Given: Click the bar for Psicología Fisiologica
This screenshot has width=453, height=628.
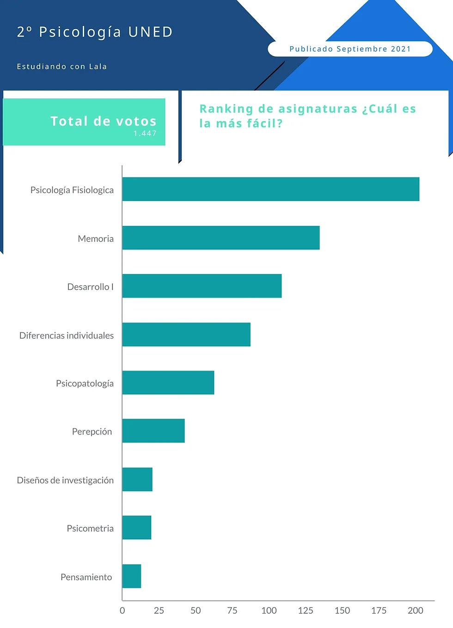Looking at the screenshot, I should pos(270,189).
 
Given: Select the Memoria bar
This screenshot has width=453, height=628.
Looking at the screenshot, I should pos(221,238).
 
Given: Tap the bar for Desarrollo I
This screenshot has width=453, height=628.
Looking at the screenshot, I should pos(202,286).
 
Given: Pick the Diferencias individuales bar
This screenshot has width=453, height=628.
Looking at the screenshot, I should pos(186,334).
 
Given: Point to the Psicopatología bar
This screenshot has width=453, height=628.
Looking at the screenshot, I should pos(168,382).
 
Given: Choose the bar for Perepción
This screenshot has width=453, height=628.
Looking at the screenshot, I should pos(153,431).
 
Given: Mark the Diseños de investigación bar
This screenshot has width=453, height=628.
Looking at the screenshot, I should pos(137,479).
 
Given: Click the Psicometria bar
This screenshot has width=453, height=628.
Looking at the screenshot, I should pos(137,527).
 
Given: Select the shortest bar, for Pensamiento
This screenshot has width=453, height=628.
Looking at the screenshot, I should pos(132,576).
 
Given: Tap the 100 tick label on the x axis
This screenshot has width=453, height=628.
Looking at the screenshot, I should pos(269,610).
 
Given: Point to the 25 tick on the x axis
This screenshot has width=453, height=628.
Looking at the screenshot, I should pos(159,610).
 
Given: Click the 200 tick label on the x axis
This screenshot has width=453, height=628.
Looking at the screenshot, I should pos(415,610).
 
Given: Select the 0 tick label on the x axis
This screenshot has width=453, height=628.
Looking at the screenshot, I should pos(122,610).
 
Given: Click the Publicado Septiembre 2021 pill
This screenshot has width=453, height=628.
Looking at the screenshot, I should pos(350,49).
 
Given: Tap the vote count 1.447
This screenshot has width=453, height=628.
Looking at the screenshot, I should pos(145,133).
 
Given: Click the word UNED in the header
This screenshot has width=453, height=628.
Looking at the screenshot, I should pos(150,32).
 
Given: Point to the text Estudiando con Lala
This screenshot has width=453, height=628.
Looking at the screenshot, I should pos(62,67).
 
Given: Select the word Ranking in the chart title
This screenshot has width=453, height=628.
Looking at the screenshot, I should pos(226,109).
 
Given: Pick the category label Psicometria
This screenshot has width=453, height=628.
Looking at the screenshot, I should pos(90,528).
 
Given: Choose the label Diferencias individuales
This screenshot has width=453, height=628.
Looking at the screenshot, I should pos(67,335).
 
